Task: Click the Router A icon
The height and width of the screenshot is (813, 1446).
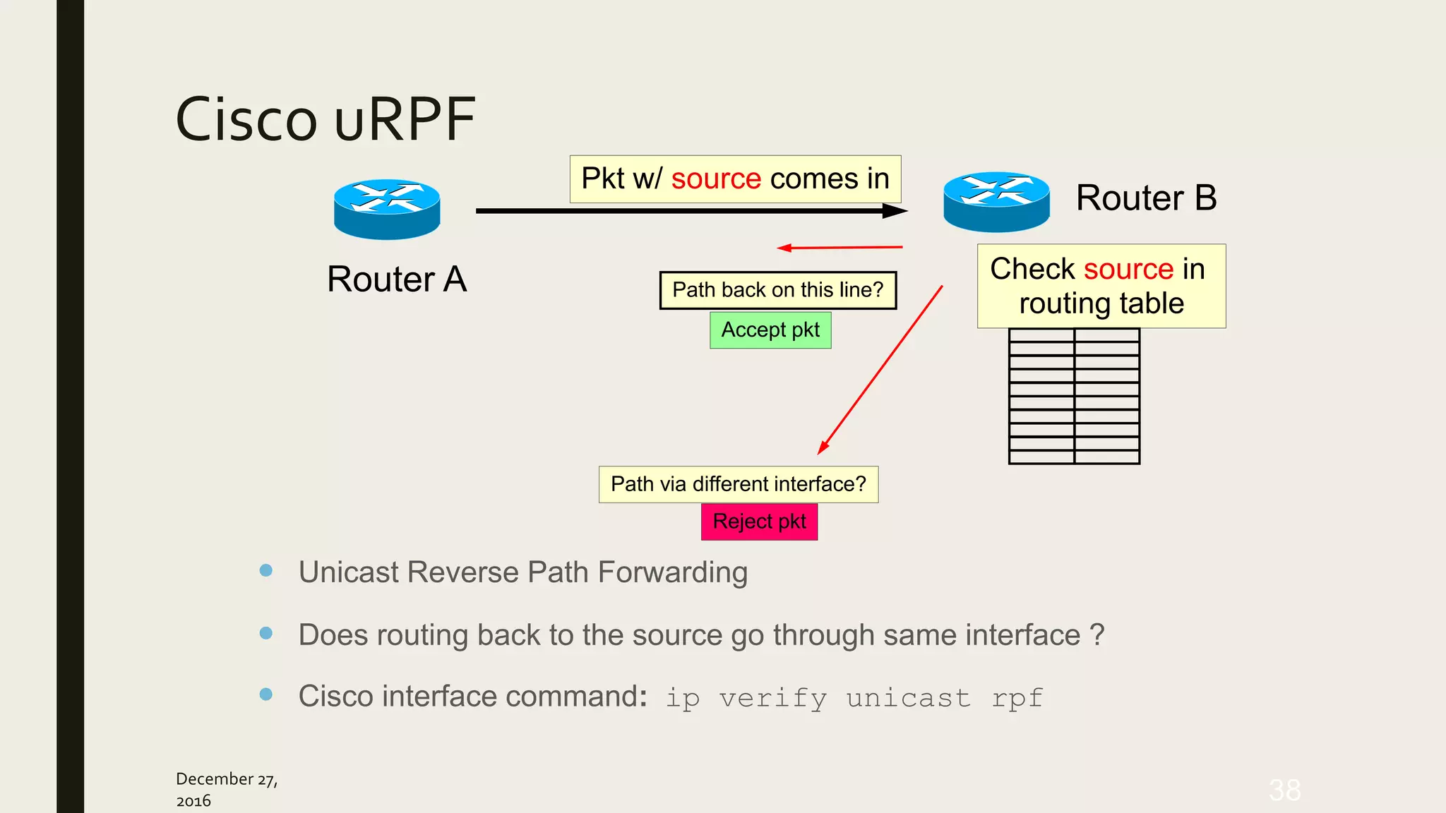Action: coord(387,209)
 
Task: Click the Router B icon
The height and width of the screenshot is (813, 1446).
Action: coord(996,202)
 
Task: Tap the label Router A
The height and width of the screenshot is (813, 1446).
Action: coord(397,279)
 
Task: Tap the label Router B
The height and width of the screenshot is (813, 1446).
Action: coord(1146,198)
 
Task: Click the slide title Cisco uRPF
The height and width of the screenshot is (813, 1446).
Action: coord(325,119)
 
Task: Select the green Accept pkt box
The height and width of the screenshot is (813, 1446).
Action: coord(770,330)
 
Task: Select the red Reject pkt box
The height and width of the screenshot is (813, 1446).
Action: coord(759,522)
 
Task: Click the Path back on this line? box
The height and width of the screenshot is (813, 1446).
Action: coord(777,290)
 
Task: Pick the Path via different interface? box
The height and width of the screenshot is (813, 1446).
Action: coord(738,484)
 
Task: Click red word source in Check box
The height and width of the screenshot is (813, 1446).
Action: coord(1128,270)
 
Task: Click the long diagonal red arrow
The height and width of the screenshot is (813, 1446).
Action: coord(880,371)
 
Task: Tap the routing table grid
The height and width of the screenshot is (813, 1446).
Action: coord(1074,396)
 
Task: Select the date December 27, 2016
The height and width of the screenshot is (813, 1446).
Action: coord(226,789)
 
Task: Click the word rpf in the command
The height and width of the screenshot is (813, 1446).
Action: coord(1017,698)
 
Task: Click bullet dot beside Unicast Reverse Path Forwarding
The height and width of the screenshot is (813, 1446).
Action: coord(266,570)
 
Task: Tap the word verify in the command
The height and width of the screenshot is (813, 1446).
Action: coord(772,698)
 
